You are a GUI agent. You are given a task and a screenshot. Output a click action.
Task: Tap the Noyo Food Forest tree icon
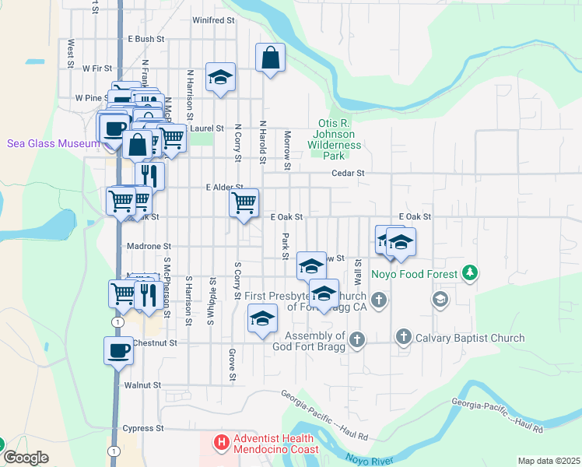[x=468, y=273]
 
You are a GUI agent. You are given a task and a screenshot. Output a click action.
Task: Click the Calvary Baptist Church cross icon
[x=403, y=338]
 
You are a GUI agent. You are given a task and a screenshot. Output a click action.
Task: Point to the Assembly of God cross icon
[x=356, y=339]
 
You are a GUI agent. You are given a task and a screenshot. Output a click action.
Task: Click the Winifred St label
[x=213, y=20]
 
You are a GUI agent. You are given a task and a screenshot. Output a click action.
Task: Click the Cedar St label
[x=348, y=174]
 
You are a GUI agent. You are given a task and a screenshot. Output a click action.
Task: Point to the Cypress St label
[x=143, y=428]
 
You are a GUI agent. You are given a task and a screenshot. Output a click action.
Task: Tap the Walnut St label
[x=142, y=384]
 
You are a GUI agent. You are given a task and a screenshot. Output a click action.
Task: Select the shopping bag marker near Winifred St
[x=270, y=58]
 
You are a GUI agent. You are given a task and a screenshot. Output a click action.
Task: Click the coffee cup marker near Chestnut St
[x=119, y=350]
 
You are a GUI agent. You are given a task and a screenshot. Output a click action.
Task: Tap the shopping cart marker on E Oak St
[x=244, y=203]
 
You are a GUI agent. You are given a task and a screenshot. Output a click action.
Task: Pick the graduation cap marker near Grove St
[x=263, y=318]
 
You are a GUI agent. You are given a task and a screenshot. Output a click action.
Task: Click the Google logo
[x=26, y=457]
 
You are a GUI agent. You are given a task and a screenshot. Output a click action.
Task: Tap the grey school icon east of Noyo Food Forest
[x=440, y=300]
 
